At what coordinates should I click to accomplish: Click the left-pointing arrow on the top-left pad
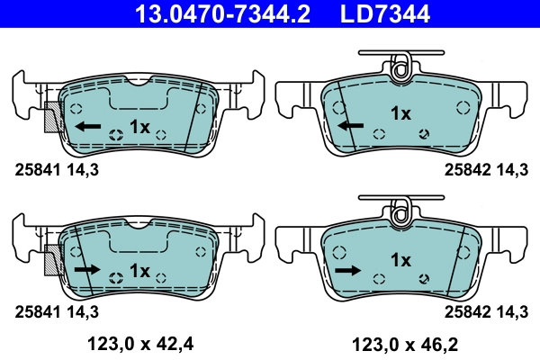(88, 126)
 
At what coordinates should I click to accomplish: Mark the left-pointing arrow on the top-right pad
(351, 125)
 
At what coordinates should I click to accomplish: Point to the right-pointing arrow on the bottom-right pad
(347, 269)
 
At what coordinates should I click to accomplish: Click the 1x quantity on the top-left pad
(139, 126)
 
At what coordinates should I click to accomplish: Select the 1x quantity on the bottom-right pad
(400, 260)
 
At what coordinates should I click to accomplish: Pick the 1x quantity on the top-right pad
(400, 113)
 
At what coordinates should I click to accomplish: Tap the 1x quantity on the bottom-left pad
(139, 269)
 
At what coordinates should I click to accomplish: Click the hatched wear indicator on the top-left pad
(52, 117)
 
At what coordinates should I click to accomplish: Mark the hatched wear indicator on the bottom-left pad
(52, 260)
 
